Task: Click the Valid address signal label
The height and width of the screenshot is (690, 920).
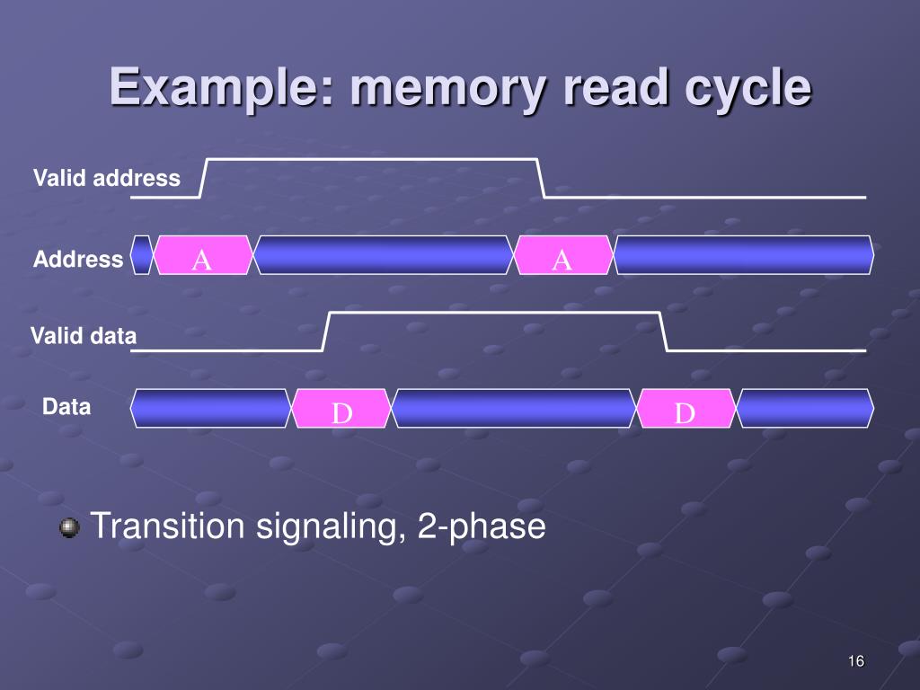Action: click(x=107, y=178)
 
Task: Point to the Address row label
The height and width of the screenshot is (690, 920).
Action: click(x=78, y=260)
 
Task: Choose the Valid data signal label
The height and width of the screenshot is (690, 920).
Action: click(x=84, y=337)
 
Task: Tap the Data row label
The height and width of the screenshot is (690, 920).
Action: click(x=66, y=407)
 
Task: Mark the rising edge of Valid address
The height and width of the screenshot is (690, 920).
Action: click(x=204, y=178)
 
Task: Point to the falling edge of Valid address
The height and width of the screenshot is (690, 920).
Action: click(x=541, y=178)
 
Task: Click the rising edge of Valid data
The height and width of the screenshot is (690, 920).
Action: click(x=327, y=332)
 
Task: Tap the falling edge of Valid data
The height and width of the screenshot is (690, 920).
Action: click(x=664, y=332)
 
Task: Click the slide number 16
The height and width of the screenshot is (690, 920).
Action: click(x=855, y=662)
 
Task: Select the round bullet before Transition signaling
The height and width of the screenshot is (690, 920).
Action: click(x=69, y=527)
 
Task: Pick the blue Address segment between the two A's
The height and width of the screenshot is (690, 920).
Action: click(x=383, y=256)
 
